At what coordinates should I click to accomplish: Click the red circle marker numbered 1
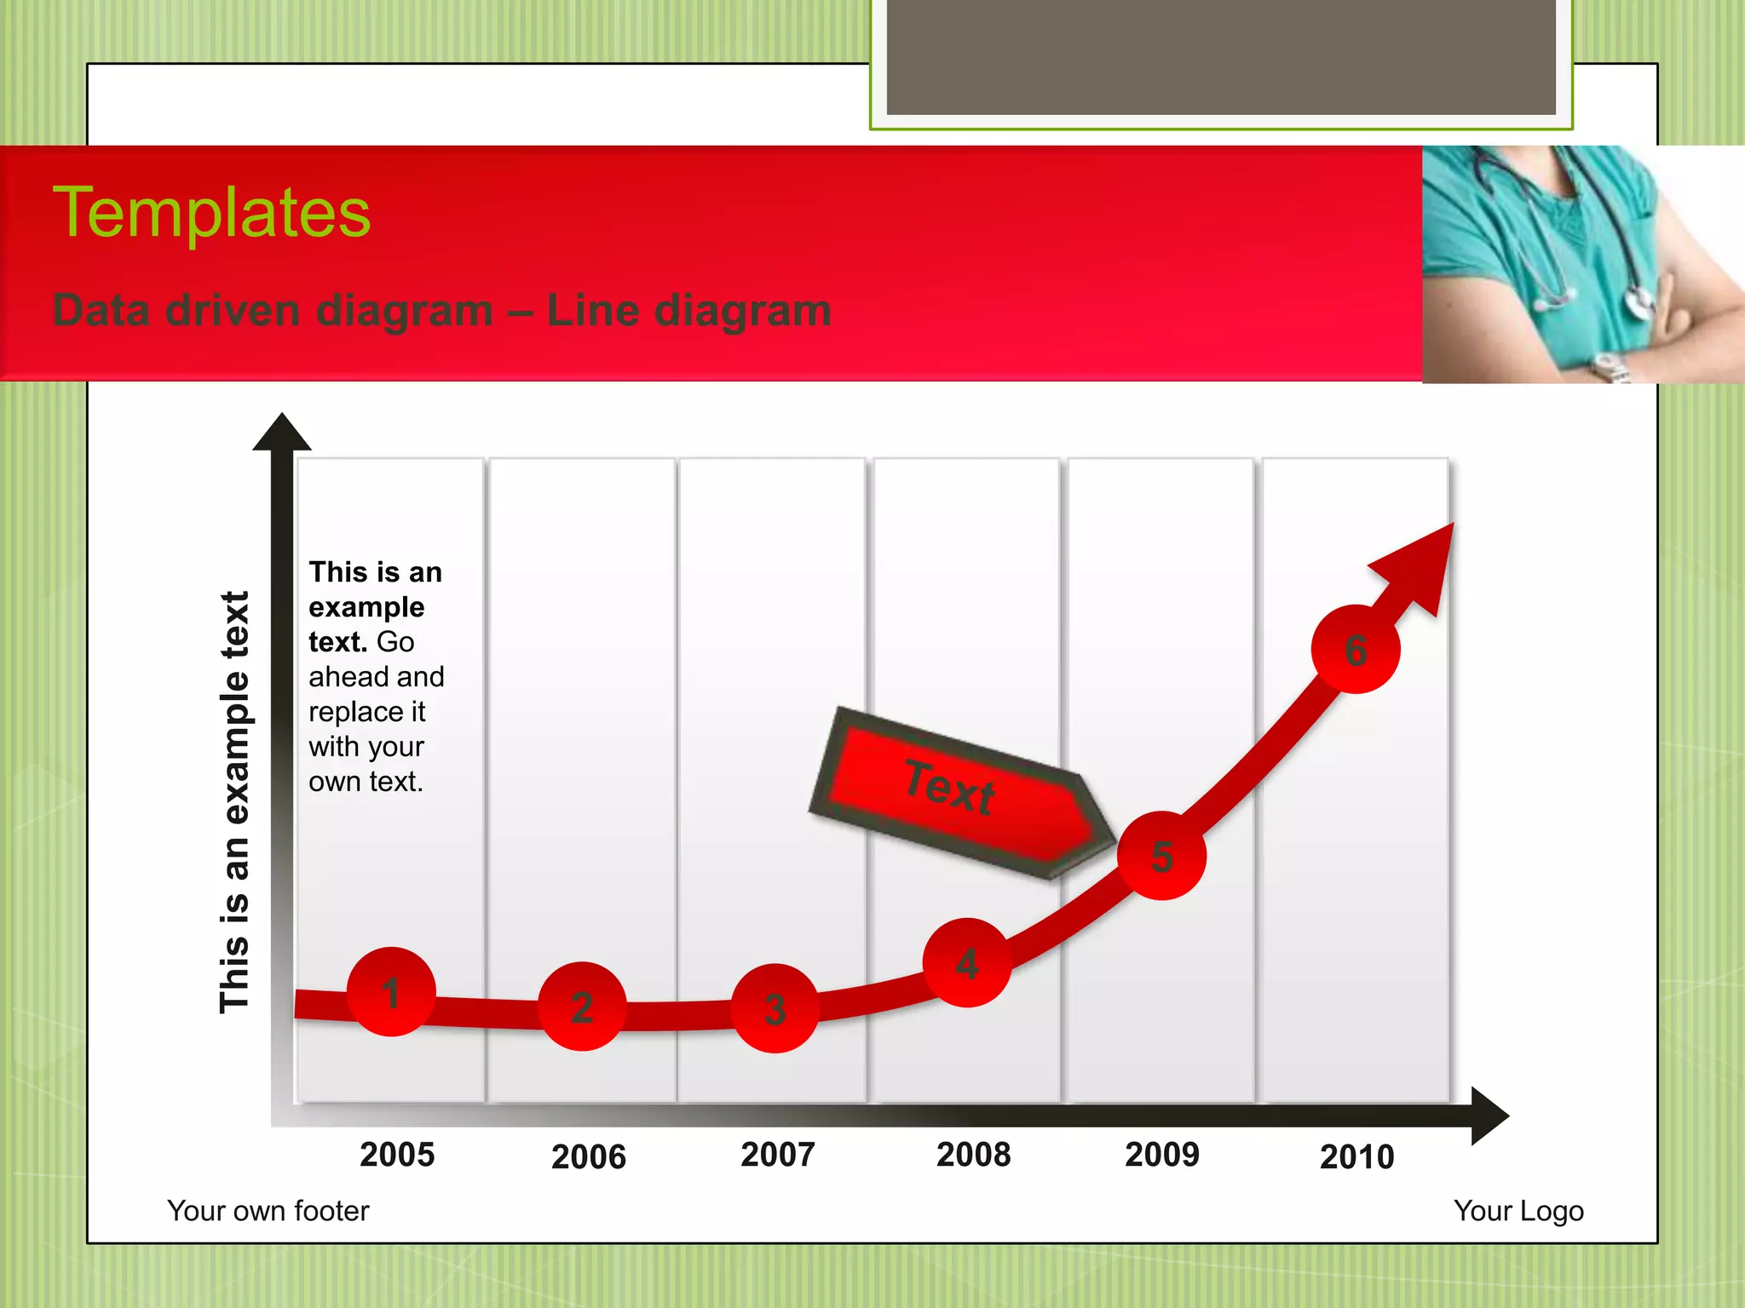(x=391, y=992)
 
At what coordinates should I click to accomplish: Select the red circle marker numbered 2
(x=582, y=1007)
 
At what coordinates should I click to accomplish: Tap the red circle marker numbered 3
(x=775, y=1008)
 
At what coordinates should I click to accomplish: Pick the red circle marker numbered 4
(x=967, y=963)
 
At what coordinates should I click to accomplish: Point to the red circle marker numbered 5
(x=1161, y=856)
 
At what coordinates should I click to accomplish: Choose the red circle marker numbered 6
(x=1355, y=650)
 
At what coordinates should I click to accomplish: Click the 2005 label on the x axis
(x=397, y=1155)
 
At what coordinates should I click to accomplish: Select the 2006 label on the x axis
(x=589, y=1157)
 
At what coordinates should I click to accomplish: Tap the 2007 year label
(x=778, y=1155)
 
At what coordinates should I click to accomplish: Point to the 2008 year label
(x=973, y=1155)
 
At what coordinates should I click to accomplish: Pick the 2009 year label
(x=1162, y=1155)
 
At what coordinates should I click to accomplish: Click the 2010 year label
(x=1356, y=1157)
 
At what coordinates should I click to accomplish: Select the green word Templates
(x=211, y=213)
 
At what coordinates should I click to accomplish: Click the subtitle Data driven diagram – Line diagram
(x=441, y=310)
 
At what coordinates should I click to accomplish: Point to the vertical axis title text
(x=234, y=802)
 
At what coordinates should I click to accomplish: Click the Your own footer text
(x=268, y=1211)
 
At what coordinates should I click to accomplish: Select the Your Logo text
(x=1518, y=1211)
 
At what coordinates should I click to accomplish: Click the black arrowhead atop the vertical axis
(x=282, y=433)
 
